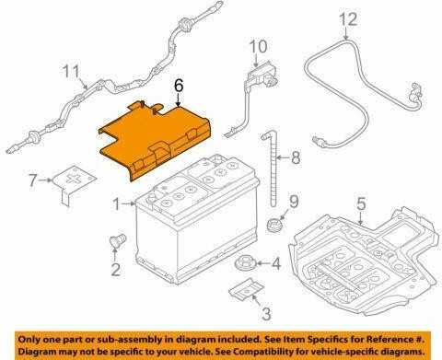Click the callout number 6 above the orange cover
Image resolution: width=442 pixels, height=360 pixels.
click(x=179, y=86)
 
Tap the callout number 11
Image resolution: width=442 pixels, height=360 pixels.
click(x=71, y=72)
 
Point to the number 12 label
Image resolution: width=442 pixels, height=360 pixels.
click(x=348, y=19)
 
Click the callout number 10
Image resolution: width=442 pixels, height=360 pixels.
click(x=258, y=47)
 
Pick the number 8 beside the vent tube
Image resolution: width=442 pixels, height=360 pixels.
click(x=296, y=157)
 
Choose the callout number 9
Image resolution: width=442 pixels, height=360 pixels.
click(x=294, y=202)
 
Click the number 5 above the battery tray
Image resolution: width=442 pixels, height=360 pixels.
click(x=361, y=204)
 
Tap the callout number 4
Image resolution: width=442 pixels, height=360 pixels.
click(x=276, y=263)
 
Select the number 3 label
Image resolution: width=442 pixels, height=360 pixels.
click(x=266, y=313)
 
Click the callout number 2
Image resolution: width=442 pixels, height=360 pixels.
click(x=115, y=270)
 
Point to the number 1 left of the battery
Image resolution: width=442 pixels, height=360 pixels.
click(x=117, y=203)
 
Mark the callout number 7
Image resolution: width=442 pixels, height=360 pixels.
click(x=33, y=180)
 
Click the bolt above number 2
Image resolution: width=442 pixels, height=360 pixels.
click(x=118, y=241)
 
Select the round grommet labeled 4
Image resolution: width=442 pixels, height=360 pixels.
click(x=244, y=263)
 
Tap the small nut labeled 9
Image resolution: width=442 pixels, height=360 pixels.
click(x=273, y=224)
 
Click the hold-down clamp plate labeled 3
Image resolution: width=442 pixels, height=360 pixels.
click(x=247, y=289)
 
